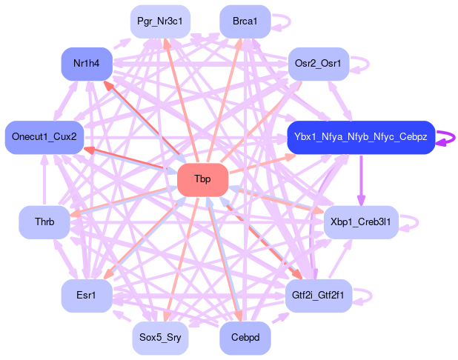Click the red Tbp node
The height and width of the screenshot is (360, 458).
click(202, 179)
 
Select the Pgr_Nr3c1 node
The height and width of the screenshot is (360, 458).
click(160, 21)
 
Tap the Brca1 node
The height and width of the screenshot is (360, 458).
click(245, 21)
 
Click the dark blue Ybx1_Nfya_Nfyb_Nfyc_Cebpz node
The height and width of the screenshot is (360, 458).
click(360, 137)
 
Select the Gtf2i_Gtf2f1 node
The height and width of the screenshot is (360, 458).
click(318, 296)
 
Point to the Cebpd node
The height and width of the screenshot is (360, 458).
click(245, 339)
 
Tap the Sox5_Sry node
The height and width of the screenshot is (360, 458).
click(160, 339)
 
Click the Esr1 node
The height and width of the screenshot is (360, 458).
click(87, 296)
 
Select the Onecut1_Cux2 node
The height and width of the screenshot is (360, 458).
click(44, 137)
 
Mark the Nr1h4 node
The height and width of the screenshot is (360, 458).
click(87, 63)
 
